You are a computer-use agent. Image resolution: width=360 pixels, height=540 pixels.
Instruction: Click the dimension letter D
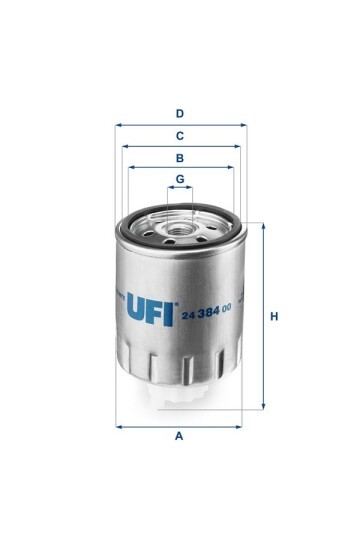pyautogui.click(x=179, y=114)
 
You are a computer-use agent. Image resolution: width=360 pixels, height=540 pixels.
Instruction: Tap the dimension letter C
pyautogui.click(x=179, y=136)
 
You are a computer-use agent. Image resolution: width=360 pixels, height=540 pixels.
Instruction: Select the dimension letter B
pyautogui.click(x=179, y=158)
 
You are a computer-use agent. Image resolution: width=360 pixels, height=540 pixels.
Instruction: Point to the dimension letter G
pyautogui.click(x=180, y=179)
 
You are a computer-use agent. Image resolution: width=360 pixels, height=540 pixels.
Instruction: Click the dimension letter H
pyautogui.click(x=274, y=316)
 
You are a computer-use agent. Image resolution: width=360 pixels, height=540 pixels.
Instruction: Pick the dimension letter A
pyautogui.click(x=179, y=436)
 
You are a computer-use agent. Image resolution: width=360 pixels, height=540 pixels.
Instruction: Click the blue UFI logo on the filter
pyautogui.click(x=150, y=309)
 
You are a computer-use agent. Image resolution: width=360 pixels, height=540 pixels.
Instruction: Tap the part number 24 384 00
pyautogui.click(x=206, y=312)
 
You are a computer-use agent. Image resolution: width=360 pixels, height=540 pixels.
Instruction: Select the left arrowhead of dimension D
pyautogui.click(x=119, y=125)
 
